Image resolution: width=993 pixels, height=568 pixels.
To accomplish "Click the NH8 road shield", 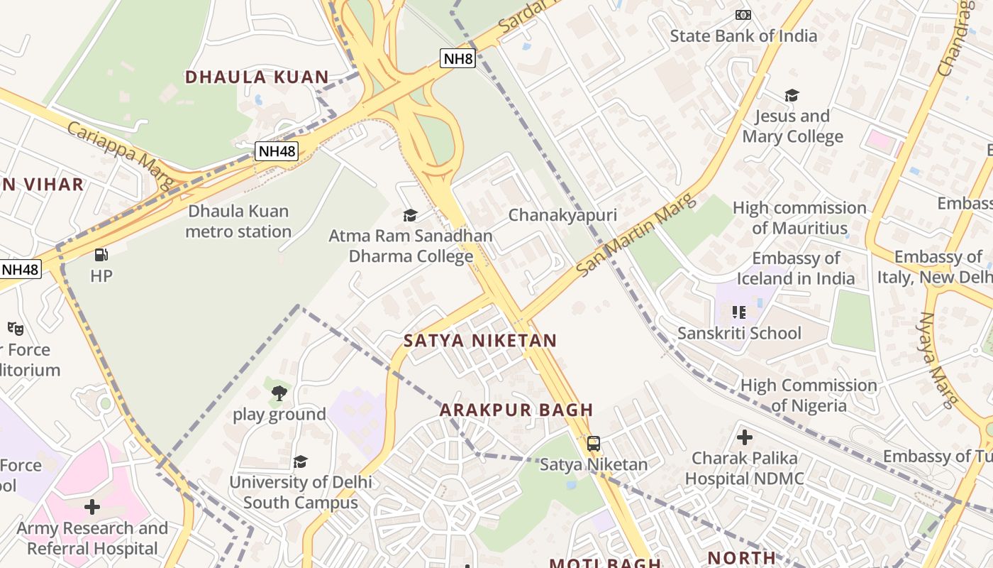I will tap(457, 58).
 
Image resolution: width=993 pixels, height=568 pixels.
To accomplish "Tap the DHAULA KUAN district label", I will tap(257, 77).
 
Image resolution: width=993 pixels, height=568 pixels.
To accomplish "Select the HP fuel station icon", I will tap(101, 255).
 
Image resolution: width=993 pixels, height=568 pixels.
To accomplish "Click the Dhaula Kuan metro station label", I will tap(238, 222).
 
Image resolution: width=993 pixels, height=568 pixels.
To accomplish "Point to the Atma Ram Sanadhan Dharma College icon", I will tap(410, 215).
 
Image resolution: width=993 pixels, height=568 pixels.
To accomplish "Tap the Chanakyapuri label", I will tap(562, 215).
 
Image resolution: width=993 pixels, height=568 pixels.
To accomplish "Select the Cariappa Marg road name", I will tap(121, 154).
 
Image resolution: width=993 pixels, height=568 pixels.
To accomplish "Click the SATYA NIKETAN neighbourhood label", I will tap(480, 341).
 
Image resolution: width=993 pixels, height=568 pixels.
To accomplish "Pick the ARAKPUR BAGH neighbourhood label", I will tap(516, 410).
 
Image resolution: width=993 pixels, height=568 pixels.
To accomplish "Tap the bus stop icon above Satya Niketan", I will tap(594, 444).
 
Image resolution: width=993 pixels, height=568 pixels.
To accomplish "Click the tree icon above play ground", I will tap(279, 393).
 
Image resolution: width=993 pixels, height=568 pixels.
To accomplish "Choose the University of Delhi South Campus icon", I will tap(301, 461).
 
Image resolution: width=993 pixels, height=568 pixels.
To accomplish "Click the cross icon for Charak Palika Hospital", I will tap(745, 437).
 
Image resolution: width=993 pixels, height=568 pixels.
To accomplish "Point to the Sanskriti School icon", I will tap(739, 312).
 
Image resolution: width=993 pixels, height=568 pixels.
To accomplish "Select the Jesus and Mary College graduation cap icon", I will tap(792, 95).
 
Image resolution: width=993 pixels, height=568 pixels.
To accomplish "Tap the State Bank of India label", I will tap(743, 35).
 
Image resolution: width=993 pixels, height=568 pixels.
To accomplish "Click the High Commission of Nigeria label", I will tap(809, 395).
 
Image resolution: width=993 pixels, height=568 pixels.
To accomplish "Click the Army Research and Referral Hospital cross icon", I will tap(92, 507).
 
